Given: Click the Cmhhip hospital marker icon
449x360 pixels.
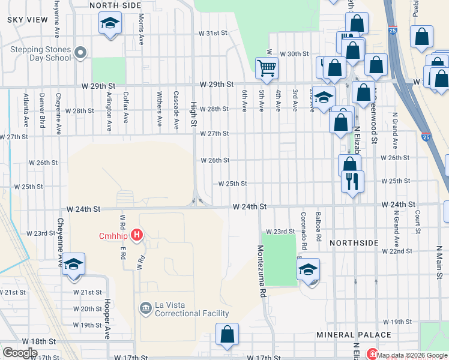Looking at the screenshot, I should (x=137, y=235).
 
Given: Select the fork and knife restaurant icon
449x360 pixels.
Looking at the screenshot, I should (x=352, y=180).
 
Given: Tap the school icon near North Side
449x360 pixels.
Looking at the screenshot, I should (x=109, y=25).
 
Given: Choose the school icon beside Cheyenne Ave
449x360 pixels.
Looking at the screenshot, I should (x=73, y=265).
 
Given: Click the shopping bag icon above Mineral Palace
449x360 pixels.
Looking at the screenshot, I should (x=228, y=335).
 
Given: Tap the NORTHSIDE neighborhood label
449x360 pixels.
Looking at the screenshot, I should (x=354, y=242).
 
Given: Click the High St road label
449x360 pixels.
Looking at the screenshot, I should (x=193, y=110).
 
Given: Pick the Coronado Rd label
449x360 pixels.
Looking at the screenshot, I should (x=304, y=230).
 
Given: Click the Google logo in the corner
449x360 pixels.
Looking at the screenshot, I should (x=20, y=353).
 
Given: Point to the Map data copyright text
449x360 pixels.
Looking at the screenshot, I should (x=412, y=355).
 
